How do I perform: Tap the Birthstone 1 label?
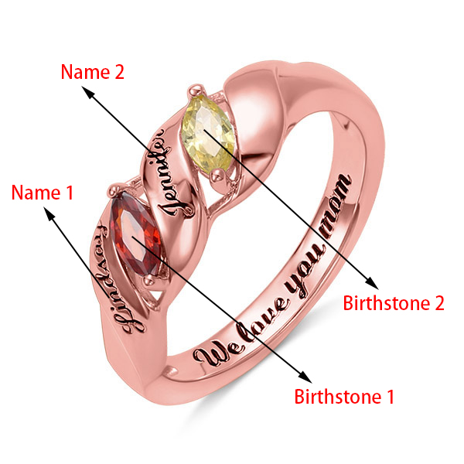[344, 397]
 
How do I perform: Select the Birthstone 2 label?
[394, 302]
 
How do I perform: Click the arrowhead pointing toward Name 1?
[55, 219]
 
